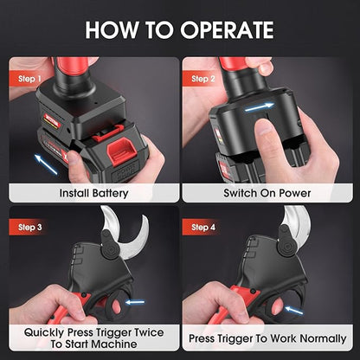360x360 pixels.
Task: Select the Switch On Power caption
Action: click(269, 194)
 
